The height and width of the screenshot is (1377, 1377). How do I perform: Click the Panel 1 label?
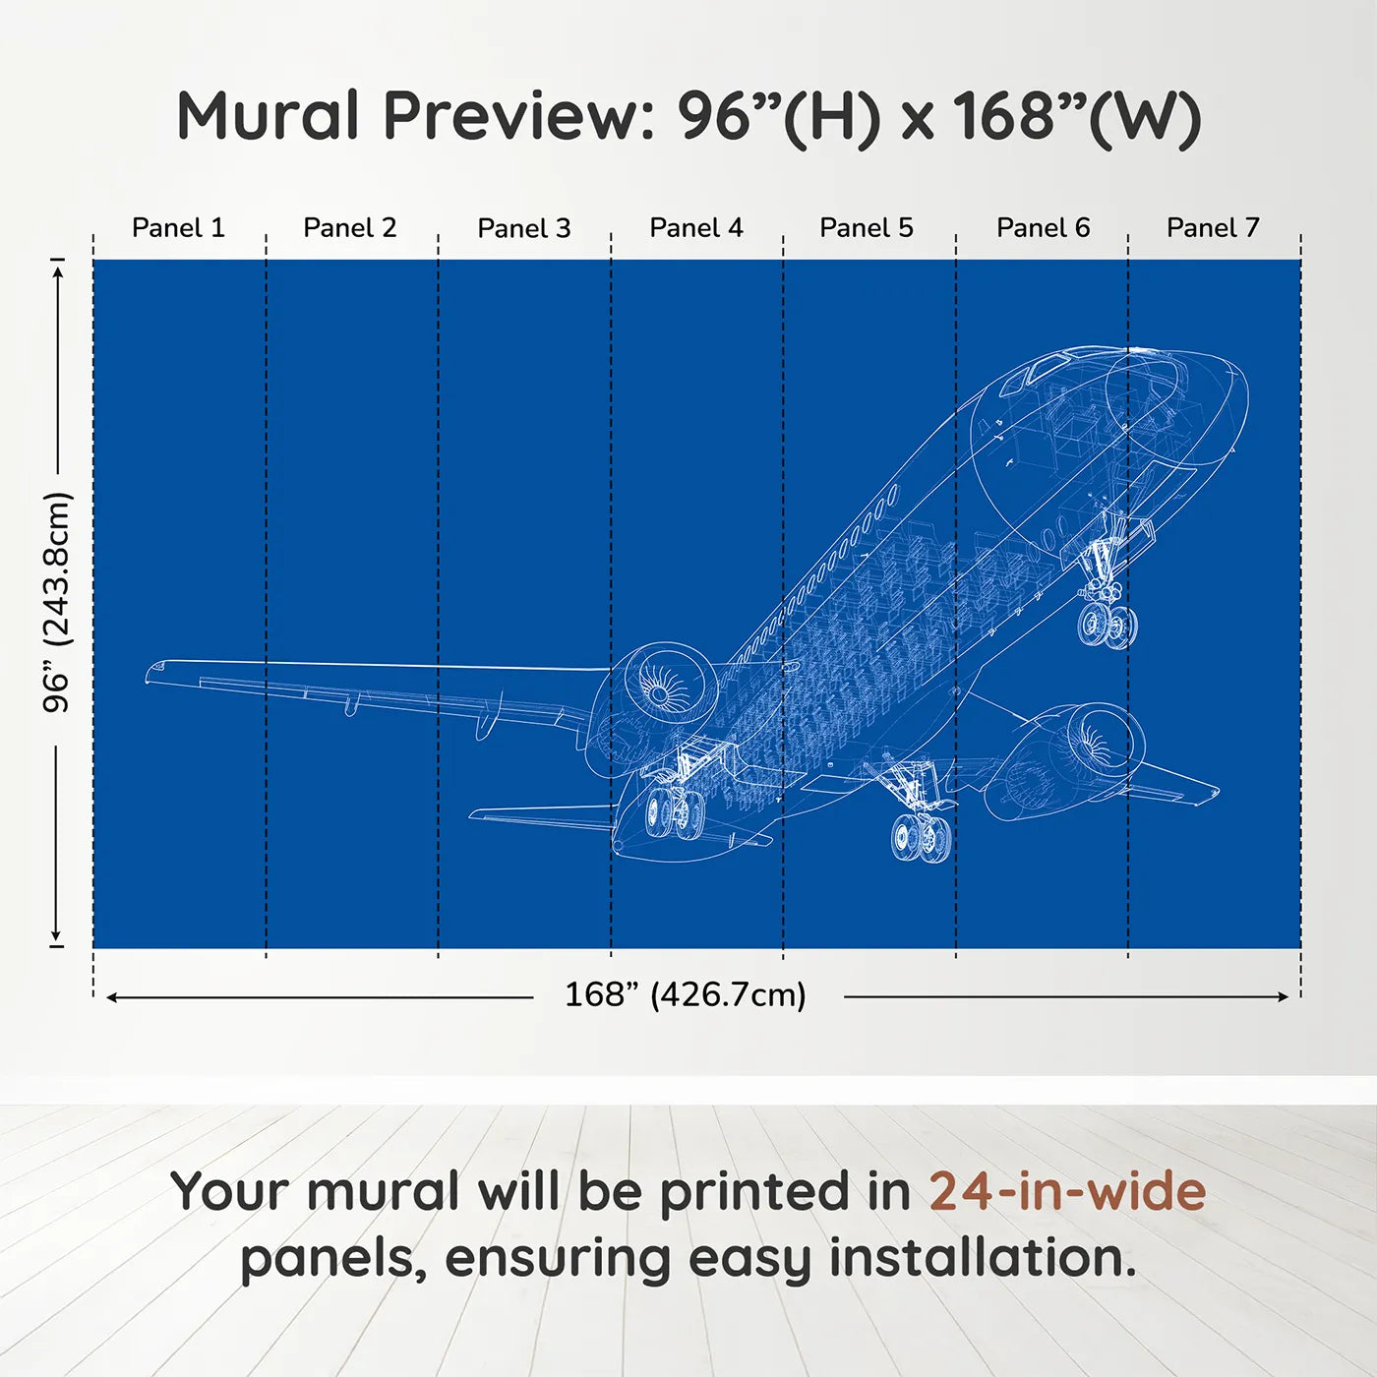[x=178, y=228]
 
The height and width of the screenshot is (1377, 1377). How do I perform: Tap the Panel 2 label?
[x=349, y=228]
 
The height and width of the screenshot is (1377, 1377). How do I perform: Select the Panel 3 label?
[x=524, y=228]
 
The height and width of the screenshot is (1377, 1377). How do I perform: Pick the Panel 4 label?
[x=696, y=228]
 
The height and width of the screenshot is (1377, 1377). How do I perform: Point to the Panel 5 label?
[x=867, y=228]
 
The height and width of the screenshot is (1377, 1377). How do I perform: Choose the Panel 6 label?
[x=1044, y=228]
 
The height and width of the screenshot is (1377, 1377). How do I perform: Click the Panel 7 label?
[x=1213, y=228]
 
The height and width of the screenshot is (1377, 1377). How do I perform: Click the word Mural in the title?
[x=268, y=116]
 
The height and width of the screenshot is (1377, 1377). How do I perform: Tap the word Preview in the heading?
[x=518, y=117]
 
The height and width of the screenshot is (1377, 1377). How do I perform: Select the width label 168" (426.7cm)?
[x=686, y=995]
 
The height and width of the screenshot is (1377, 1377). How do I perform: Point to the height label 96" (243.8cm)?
[x=56, y=602]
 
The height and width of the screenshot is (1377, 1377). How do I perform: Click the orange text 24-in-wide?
[x=1067, y=1191]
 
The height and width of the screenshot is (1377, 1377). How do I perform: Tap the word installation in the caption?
[x=983, y=1258]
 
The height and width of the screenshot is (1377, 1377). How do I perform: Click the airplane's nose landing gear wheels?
[x=1107, y=624]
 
